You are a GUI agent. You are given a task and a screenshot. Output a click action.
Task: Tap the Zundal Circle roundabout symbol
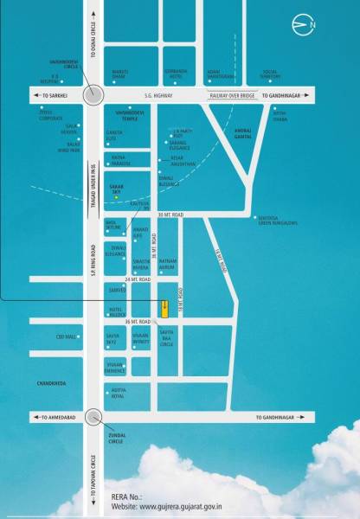pos(93,419)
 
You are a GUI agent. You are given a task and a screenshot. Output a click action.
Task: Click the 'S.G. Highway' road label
pos(152,96)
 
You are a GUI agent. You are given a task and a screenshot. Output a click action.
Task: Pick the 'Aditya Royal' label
pos(118,394)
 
